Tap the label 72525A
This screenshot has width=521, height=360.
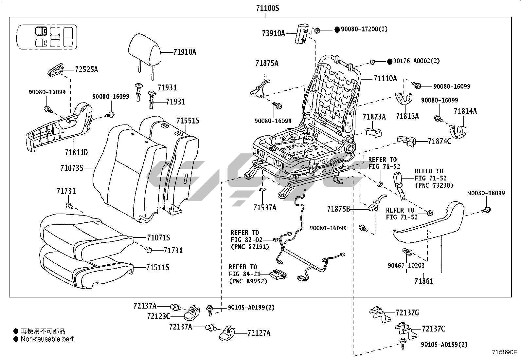[x=86, y=69]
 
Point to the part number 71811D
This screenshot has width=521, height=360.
[x=76, y=152]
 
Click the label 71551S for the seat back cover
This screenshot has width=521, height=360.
[x=188, y=121]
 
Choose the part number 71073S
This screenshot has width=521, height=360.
[x=72, y=168]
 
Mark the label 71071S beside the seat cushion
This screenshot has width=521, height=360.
[x=158, y=238]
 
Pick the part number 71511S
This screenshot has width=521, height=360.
[x=158, y=268]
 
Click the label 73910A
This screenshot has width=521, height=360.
[x=273, y=33]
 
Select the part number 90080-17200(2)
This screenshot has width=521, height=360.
[x=364, y=29]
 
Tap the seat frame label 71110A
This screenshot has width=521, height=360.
[x=385, y=78]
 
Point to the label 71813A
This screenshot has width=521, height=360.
[x=407, y=116]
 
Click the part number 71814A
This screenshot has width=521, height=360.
[x=465, y=111]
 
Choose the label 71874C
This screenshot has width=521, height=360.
[x=439, y=142]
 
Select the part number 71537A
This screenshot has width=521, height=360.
[x=264, y=207]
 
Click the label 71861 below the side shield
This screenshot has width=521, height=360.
[x=423, y=281]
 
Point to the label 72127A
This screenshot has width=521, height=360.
[x=259, y=333]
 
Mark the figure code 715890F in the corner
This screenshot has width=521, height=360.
[x=504, y=352]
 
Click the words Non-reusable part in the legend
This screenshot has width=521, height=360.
[x=47, y=339]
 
